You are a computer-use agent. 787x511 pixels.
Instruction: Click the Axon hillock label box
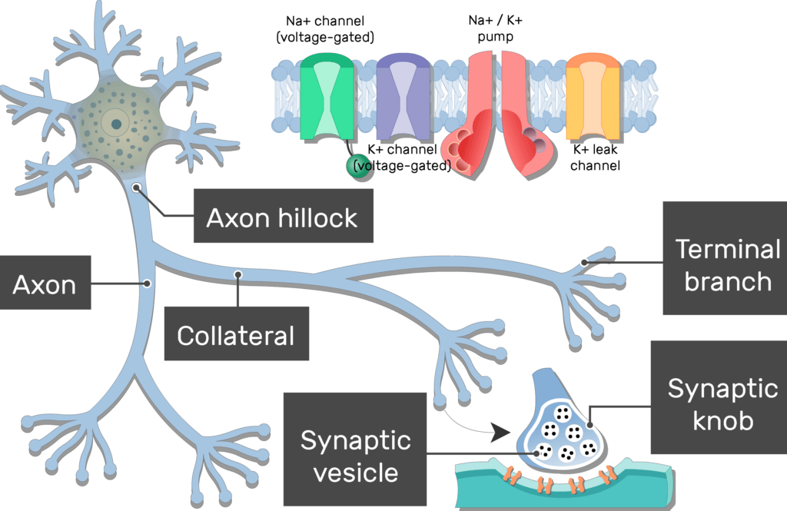pyautogui.click(x=281, y=217)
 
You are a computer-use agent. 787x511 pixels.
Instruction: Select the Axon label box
pyautogui.click(x=45, y=285)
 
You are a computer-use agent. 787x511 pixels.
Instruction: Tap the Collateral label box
pyautogui.click(x=236, y=335)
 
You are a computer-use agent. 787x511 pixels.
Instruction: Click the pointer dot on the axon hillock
pyautogui.click(x=136, y=187)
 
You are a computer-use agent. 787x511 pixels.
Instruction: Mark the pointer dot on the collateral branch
pyautogui.click(x=238, y=274)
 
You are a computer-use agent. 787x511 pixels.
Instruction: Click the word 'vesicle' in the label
pyautogui.click(x=355, y=471)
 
